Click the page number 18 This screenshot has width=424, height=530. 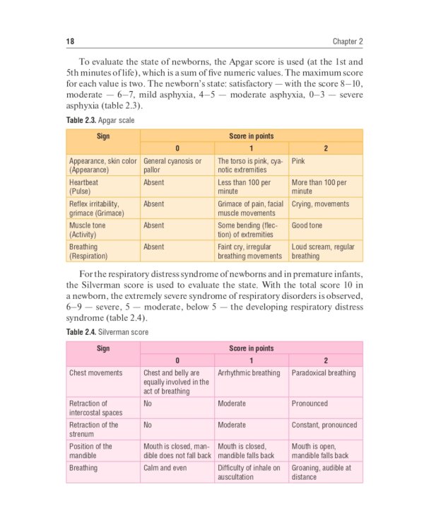pyautogui.click(x=71, y=41)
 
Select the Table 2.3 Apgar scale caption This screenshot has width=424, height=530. pyautogui.click(x=100, y=121)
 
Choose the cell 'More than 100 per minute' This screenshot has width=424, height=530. pyautogui.click(x=319, y=187)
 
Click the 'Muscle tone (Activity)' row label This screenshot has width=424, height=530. pyautogui.click(x=87, y=230)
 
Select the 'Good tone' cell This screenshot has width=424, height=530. pyautogui.click(x=307, y=225)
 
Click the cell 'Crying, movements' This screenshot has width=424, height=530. pyautogui.click(x=320, y=204)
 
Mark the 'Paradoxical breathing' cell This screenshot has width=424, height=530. pyautogui.click(x=324, y=372)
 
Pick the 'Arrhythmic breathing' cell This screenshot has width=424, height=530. pyautogui.click(x=249, y=372)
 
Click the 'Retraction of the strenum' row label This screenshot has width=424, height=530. pyautogui.click(x=94, y=429)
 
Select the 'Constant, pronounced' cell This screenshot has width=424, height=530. pyautogui.click(x=324, y=425)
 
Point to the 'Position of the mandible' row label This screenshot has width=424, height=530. pyautogui.click(x=90, y=451)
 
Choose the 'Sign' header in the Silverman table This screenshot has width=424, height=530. pyautogui.click(x=103, y=348)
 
